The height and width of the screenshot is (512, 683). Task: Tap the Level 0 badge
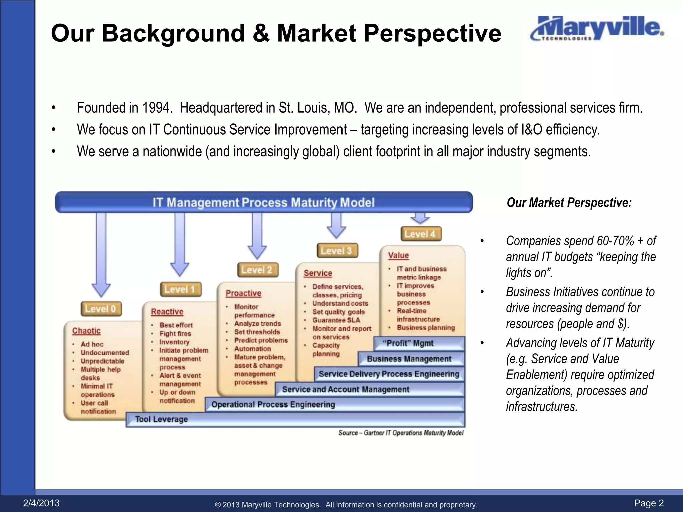(101, 309)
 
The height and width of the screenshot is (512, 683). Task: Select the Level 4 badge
(421, 234)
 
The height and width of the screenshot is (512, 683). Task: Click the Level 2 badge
(257, 270)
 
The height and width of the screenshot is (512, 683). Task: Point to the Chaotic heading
(86, 331)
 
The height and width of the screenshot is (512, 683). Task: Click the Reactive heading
(167, 312)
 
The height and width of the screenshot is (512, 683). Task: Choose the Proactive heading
(243, 293)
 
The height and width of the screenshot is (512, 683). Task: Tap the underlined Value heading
(398, 255)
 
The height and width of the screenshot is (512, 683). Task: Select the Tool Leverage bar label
(162, 419)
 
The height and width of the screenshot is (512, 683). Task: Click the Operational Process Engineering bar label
(273, 404)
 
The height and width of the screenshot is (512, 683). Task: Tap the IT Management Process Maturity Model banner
(263, 202)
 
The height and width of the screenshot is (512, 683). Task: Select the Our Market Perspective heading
(569, 203)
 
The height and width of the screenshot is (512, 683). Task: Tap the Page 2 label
(649, 503)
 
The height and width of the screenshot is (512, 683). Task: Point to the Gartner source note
(401, 433)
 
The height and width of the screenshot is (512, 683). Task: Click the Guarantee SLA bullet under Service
(336, 320)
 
